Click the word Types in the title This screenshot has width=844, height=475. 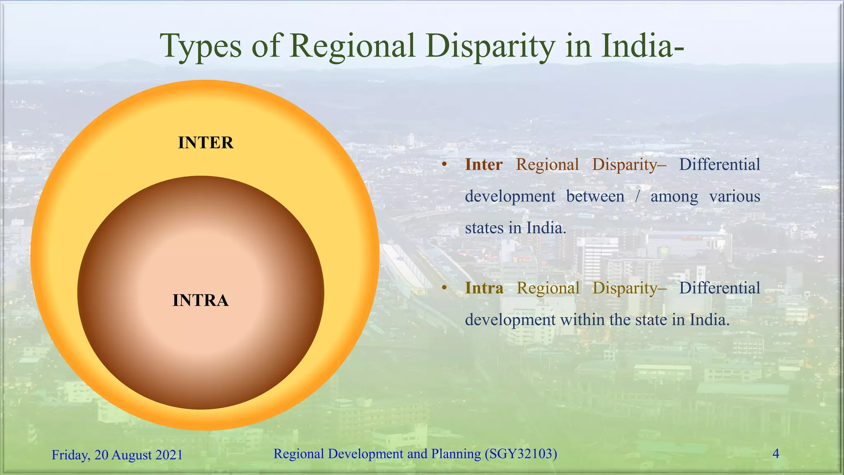tap(200, 46)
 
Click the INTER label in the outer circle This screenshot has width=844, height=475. tap(206, 143)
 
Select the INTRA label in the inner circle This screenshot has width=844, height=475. tap(200, 300)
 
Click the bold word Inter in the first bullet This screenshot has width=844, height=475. tap(483, 165)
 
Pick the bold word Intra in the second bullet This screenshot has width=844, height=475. tap(484, 288)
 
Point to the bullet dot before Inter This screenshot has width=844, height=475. tap(444, 165)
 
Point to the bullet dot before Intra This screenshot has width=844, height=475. tap(444, 288)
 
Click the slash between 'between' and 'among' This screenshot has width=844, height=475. tap(637, 196)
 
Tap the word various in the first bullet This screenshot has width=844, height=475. tap(734, 196)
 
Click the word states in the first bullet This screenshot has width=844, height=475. tap(484, 228)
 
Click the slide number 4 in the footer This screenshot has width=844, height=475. tap(776, 454)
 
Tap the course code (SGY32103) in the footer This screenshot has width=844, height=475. tap(521, 454)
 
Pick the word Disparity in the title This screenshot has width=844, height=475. tap(490, 46)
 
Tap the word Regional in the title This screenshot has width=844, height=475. tap(352, 46)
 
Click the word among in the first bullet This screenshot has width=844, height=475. tap(674, 196)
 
